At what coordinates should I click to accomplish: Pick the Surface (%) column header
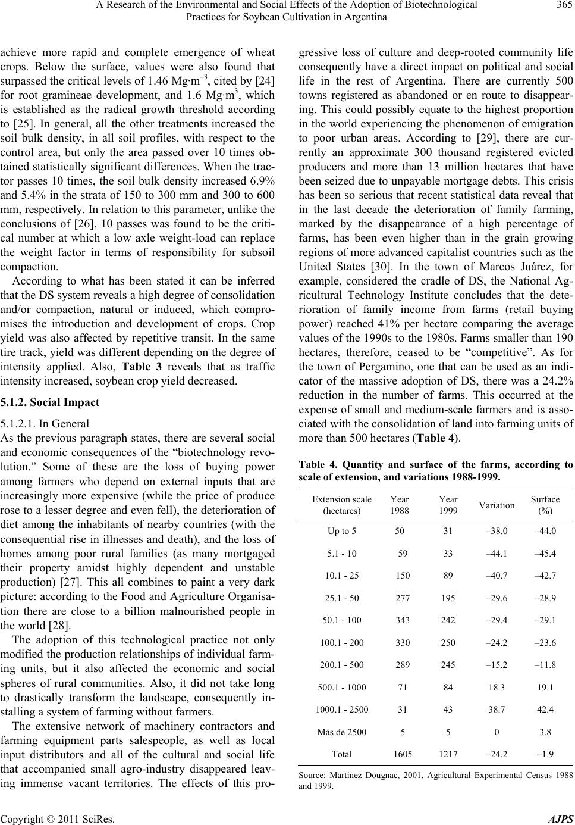545,505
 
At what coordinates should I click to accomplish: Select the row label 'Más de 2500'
342,732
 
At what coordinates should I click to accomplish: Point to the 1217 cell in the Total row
450,754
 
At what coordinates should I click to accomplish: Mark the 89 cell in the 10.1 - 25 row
450,576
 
